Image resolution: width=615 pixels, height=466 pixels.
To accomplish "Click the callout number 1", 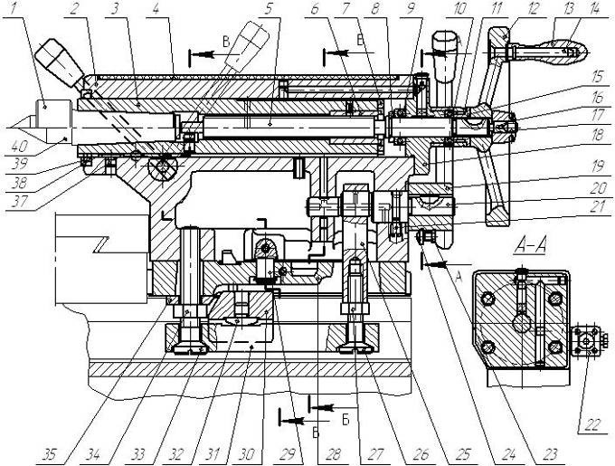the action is (x=14, y=9).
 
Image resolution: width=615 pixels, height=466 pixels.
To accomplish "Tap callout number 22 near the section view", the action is (x=592, y=424).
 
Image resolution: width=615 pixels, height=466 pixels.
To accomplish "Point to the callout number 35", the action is (x=51, y=454).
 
